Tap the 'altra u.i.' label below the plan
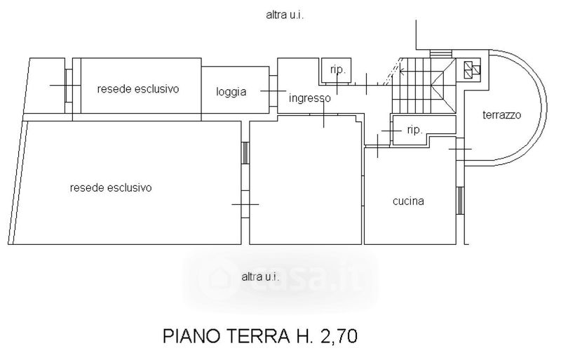point(261,276)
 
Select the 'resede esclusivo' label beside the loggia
point(138,89)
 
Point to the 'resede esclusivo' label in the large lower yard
point(111,187)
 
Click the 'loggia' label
point(231,91)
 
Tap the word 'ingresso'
point(309,98)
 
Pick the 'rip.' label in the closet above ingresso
point(337,69)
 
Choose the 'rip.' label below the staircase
point(414,130)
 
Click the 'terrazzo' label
point(501,116)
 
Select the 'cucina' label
point(407,201)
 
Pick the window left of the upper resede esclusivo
point(69,86)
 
